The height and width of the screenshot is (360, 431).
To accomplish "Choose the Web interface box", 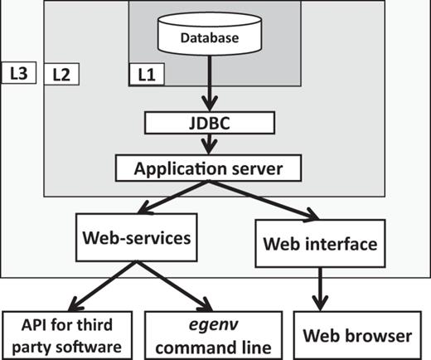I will pyautogui.click(x=320, y=245).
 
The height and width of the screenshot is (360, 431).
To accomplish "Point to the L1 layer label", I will pyautogui.click(x=145, y=74).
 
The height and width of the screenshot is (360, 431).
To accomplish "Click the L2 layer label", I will pyautogui.click(x=61, y=74).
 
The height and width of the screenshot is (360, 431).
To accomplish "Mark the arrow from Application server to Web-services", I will pyautogui.click(x=170, y=200).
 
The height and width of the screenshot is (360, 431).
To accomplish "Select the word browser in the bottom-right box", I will pyautogui.click(x=381, y=336).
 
